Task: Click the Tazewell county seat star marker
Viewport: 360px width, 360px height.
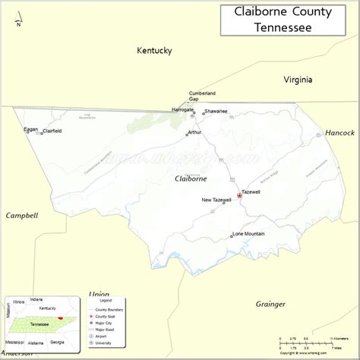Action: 239,196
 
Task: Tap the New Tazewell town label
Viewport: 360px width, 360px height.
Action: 216,200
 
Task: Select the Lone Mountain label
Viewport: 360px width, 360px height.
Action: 248,233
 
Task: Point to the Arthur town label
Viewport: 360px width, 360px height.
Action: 194,132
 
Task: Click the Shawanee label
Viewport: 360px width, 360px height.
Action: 216,111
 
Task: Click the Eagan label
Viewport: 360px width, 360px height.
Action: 30,129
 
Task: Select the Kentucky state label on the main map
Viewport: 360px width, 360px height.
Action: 154,51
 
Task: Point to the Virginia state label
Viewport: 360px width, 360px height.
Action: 298,80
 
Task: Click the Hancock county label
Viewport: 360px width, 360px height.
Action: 339,132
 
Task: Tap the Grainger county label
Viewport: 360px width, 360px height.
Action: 270,304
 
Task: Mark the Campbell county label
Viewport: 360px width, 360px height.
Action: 22,216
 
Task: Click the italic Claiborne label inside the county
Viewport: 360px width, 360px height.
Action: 191,178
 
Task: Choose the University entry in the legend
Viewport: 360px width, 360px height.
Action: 103,343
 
